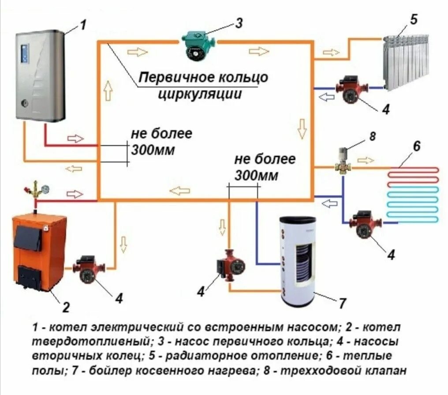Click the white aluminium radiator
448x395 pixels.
click(406, 61)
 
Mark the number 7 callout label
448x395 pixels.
click(342, 304)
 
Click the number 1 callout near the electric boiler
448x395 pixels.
click(81, 25)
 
